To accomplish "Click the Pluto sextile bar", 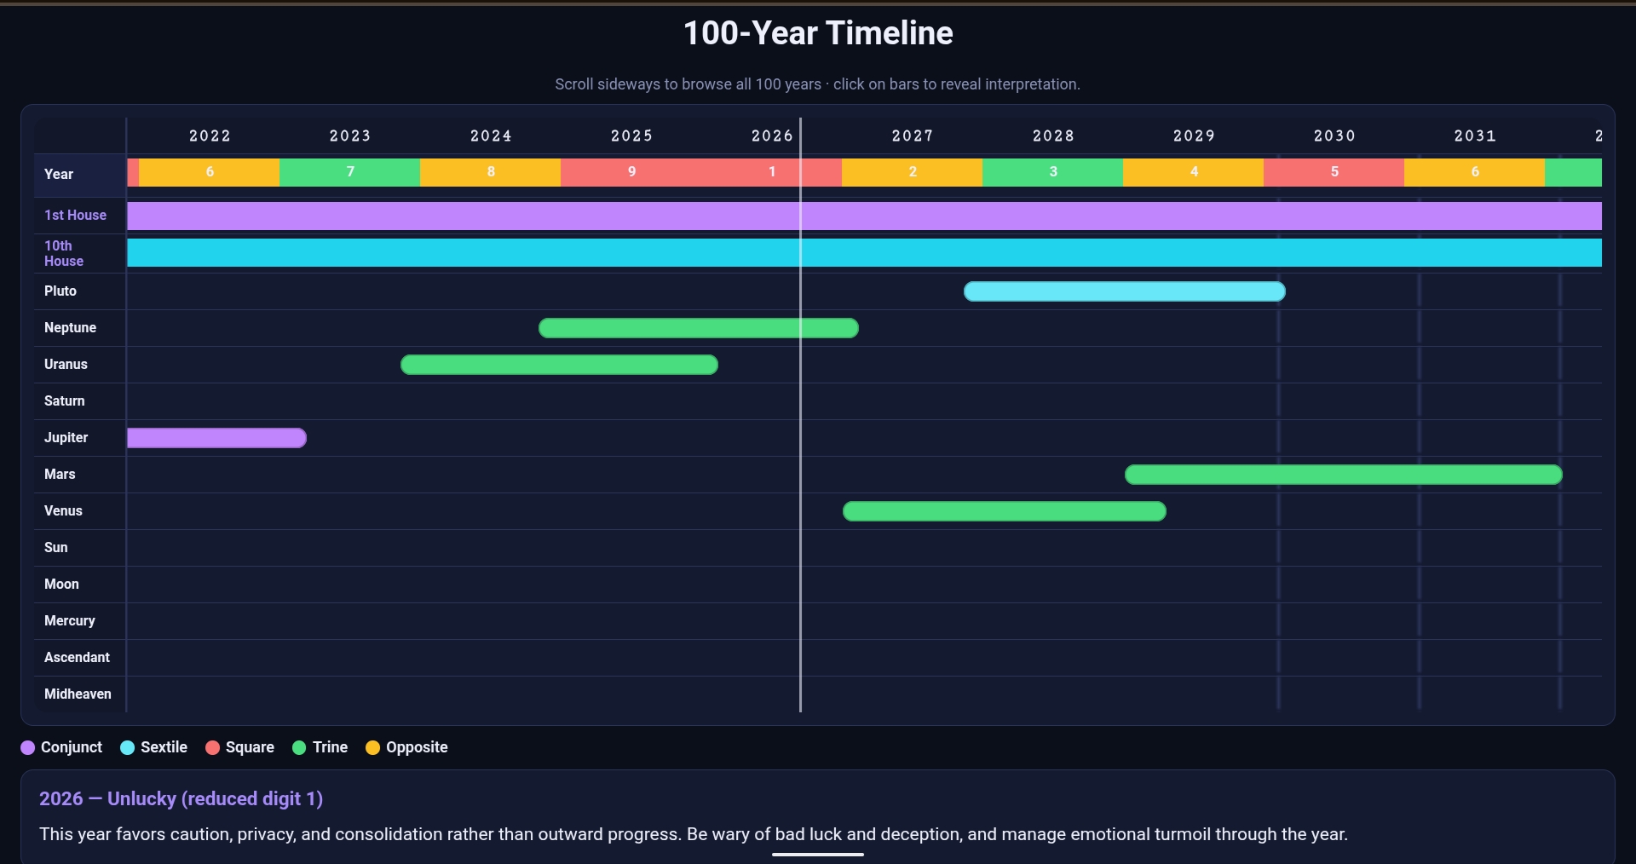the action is tap(1125, 291).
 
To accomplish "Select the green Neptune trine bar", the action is tap(699, 328).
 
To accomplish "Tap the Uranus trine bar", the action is tap(559, 365).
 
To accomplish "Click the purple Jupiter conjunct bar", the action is tap(216, 438).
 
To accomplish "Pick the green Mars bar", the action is tap(1344, 475).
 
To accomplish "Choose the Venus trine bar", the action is tap(1005, 511).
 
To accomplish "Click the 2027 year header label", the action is tap(913, 136).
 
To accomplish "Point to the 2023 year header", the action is tap(350, 136).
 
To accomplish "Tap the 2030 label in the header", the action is tap(1334, 136).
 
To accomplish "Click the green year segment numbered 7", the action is tap(349, 172).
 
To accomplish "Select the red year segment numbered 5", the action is tap(1334, 172).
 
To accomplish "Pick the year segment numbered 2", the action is tap(912, 172).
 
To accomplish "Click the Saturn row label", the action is tap(65, 401).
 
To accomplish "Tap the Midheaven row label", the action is tap(78, 694).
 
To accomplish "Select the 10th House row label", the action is tap(64, 253).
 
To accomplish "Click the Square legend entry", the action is tap(240, 747).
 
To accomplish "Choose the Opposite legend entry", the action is tap(406, 747).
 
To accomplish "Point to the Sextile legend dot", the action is tap(128, 748).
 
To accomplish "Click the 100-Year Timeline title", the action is tap(818, 33).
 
